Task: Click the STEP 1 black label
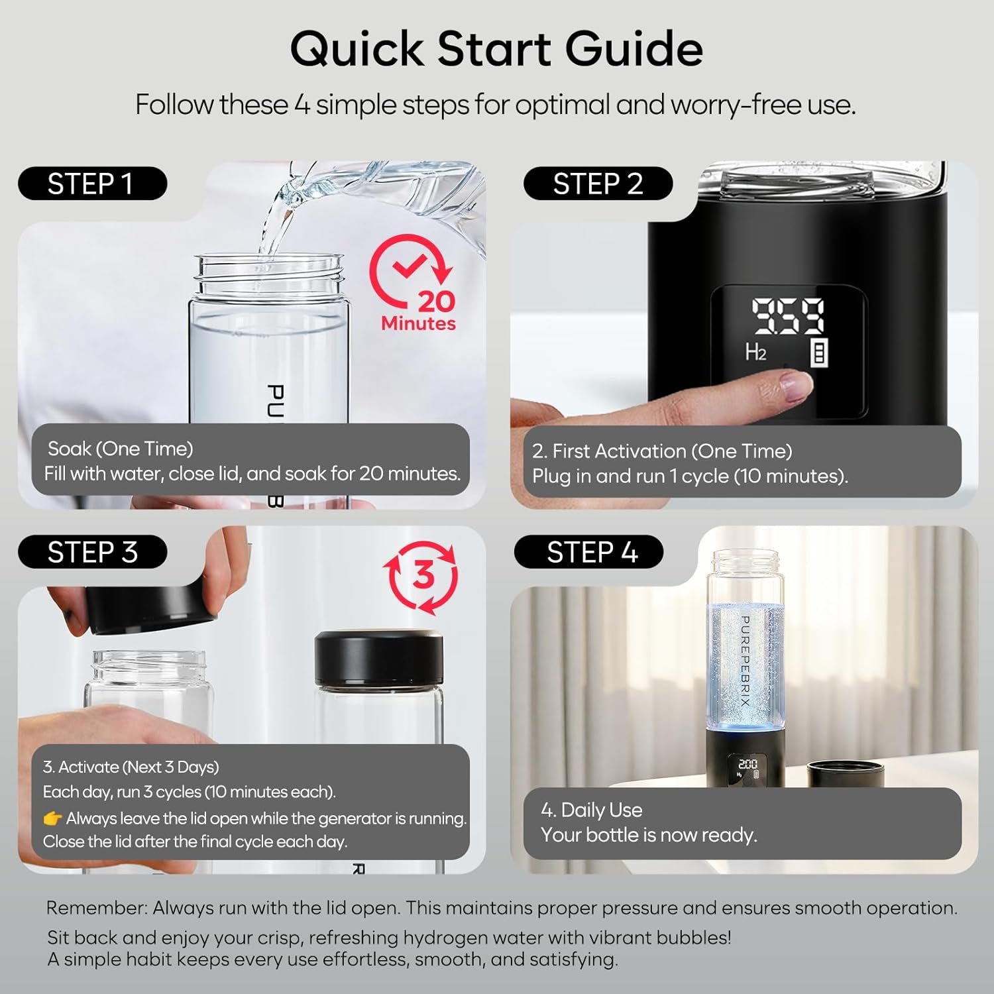pyautogui.click(x=92, y=184)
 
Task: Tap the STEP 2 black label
pyautogui.click(x=598, y=184)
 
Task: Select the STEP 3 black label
pyautogui.click(x=92, y=552)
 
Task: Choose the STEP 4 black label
pyautogui.click(x=588, y=552)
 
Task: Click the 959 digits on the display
pyautogui.click(x=787, y=315)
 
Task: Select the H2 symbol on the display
pyautogui.click(x=755, y=351)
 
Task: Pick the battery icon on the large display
pyautogui.click(x=820, y=353)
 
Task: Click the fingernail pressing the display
pyautogui.click(x=797, y=385)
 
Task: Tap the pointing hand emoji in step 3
pyautogui.click(x=52, y=819)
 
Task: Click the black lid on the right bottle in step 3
pyautogui.click(x=379, y=657)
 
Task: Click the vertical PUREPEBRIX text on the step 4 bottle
pyautogui.click(x=745, y=669)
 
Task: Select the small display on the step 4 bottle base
pyautogui.click(x=747, y=769)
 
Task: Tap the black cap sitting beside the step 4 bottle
pyautogui.click(x=845, y=775)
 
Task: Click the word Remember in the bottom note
pyautogui.click(x=97, y=908)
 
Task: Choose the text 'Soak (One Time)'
pyautogui.click(x=121, y=449)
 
